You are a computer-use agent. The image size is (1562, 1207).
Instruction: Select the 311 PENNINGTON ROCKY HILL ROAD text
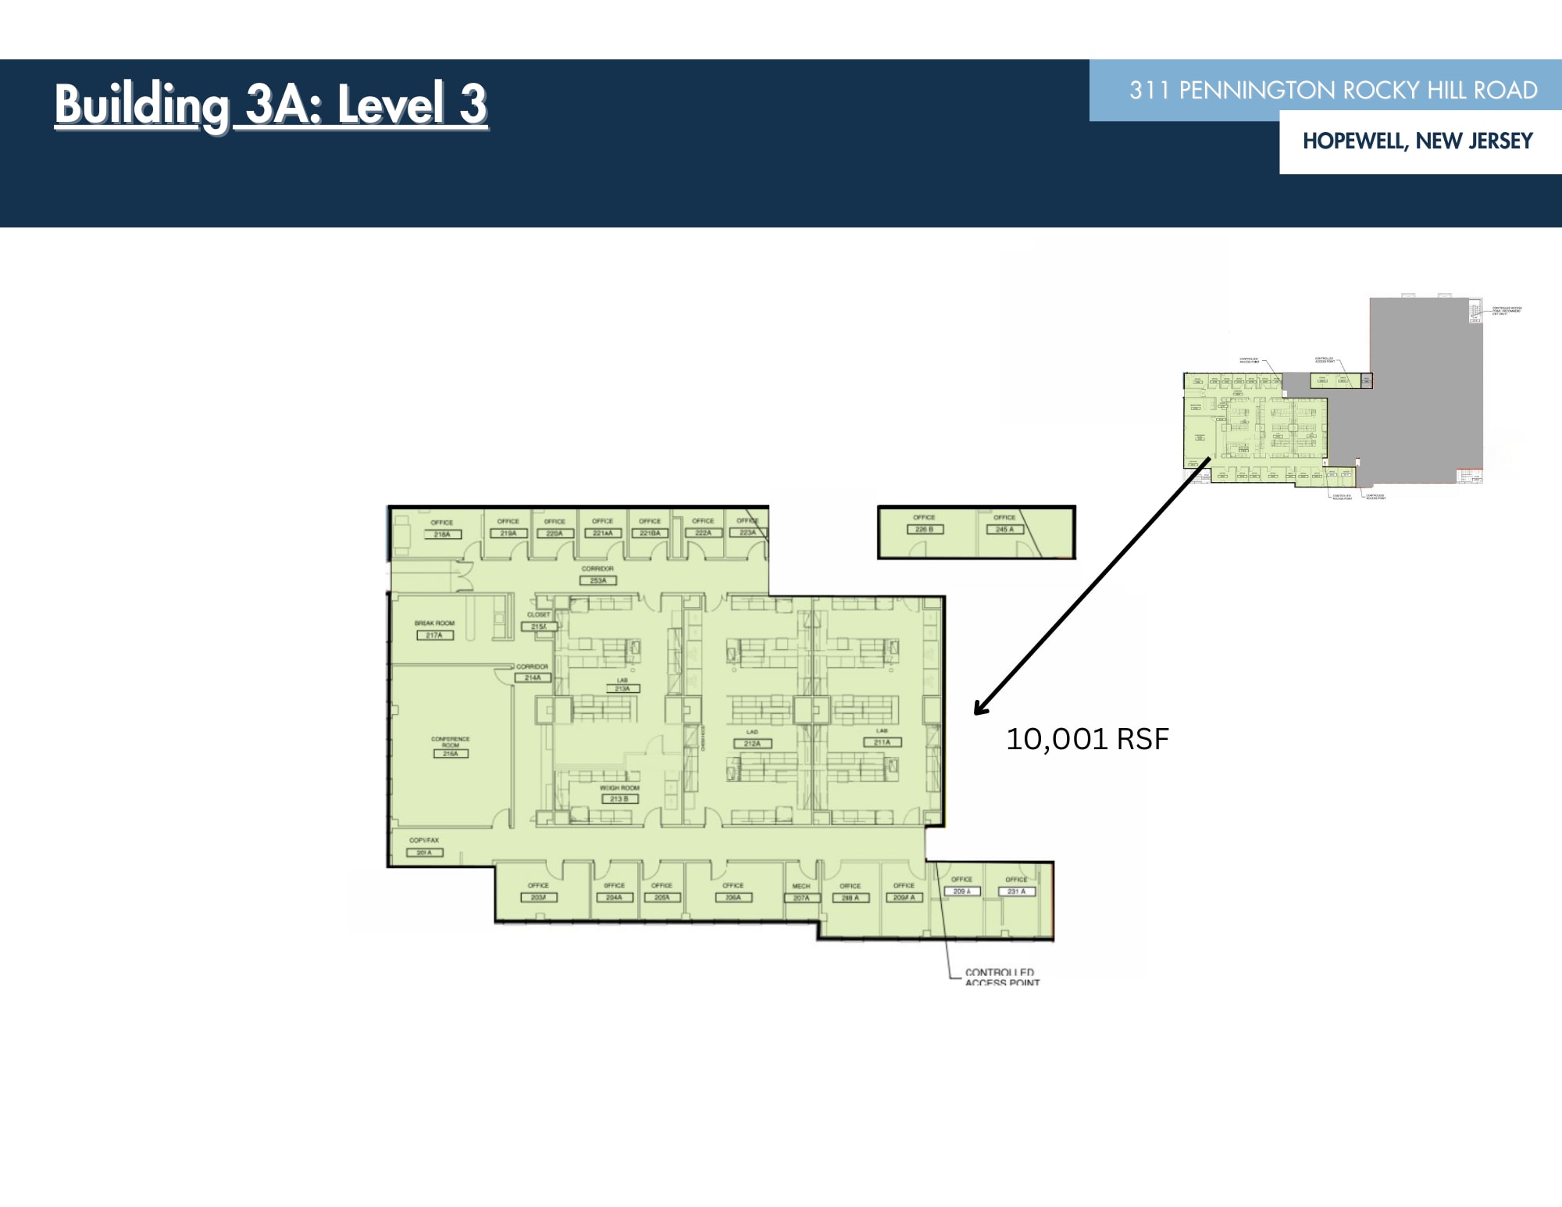pyautogui.click(x=1332, y=91)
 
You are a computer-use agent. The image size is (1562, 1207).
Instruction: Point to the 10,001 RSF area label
pyautogui.click(x=1086, y=739)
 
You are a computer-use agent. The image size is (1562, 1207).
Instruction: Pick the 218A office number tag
pyautogui.click(x=442, y=534)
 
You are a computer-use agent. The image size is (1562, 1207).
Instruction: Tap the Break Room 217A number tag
pyautogui.click(x=434, y=635)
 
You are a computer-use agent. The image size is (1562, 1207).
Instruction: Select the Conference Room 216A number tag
pyautogui.click(x=451, y=754)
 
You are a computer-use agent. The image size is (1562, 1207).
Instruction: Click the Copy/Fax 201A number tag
pyautogui.click(x=424, y=852)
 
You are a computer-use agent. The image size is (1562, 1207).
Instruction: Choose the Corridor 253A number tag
pyautogui.click(x=597, y=580)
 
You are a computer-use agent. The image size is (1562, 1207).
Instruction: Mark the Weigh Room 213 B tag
pyautogui.click(x=619, y=799)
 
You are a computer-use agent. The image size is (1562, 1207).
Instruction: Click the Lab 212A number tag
pyautogui.click(x=752, y=744)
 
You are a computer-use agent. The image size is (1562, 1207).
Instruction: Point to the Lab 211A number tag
pyautogui.click(x=882, y=742)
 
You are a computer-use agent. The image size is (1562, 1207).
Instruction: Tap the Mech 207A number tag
pyautogui.click(x=801, y=898)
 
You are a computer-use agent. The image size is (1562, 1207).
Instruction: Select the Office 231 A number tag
pyautogui.click(x=1016, y=891)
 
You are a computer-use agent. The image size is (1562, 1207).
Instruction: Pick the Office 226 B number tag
pyautogui.click(x=925, y=530)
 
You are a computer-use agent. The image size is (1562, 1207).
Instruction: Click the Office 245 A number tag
pyautogui.click(x=1004, y=530)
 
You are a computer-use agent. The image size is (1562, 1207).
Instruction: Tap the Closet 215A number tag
pyautogui.click(x=539, y=627)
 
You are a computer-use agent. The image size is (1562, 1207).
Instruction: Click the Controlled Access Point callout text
pyautogui.click(x=1001, y=977)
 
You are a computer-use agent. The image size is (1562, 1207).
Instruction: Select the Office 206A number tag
pyautogui.click(x=733, y=898)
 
